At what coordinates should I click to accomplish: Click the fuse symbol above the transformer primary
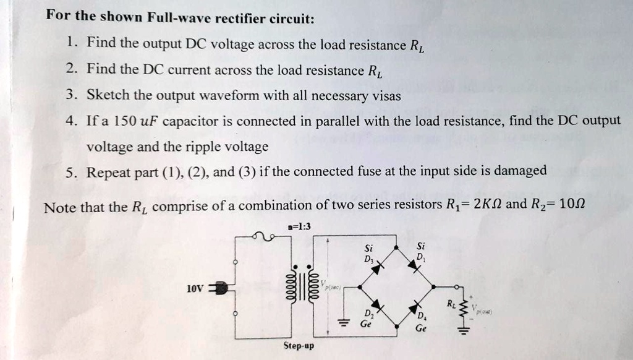[x=264, y=236]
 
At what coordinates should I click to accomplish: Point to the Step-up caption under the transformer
[x=298, y=346]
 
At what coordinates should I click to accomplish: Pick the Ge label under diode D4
[x=421, y=329]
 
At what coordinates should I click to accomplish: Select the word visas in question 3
[x=387, y=95]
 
